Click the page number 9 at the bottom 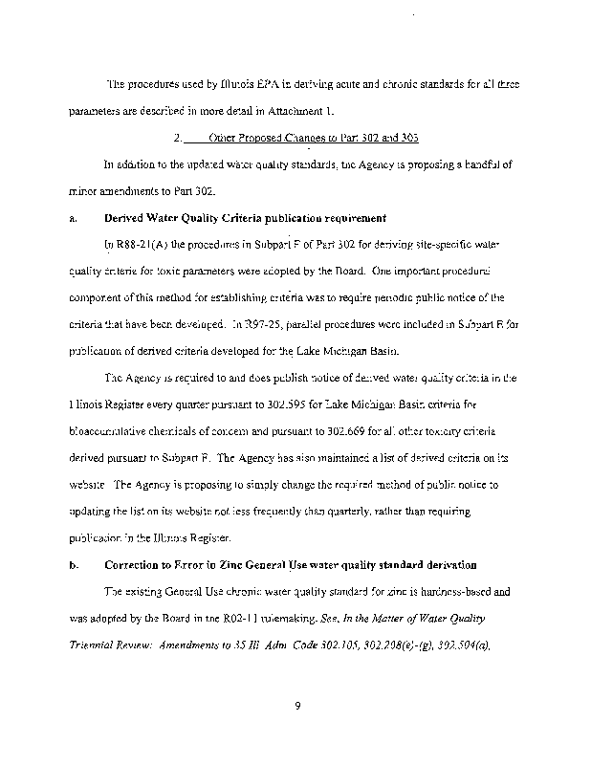pyautogui.click(x=298, y=707)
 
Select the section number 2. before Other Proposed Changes pyautogui.click(x=179, y=137)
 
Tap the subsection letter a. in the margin pyautogui.click(x=73, y=218)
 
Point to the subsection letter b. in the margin pyautogui.click(x=73, y=565)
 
